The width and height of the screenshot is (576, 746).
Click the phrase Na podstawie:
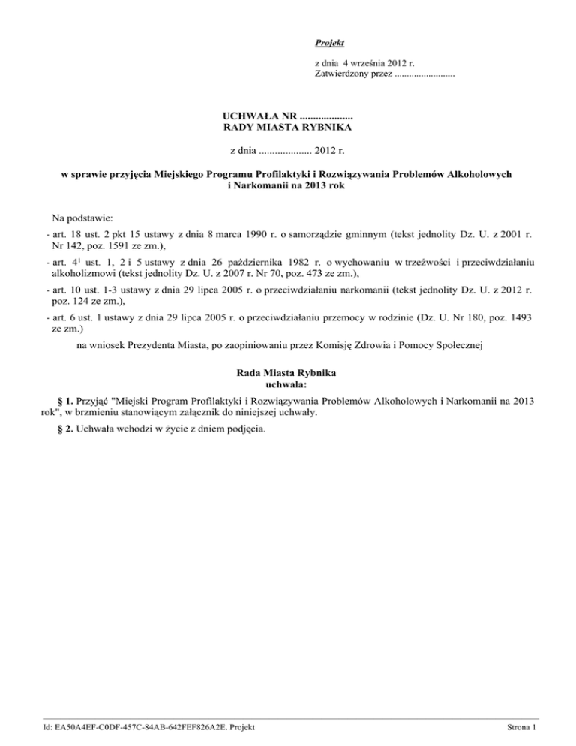click(x=82, y=218)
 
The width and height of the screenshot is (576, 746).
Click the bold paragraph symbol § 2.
click(x=54, y=429)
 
